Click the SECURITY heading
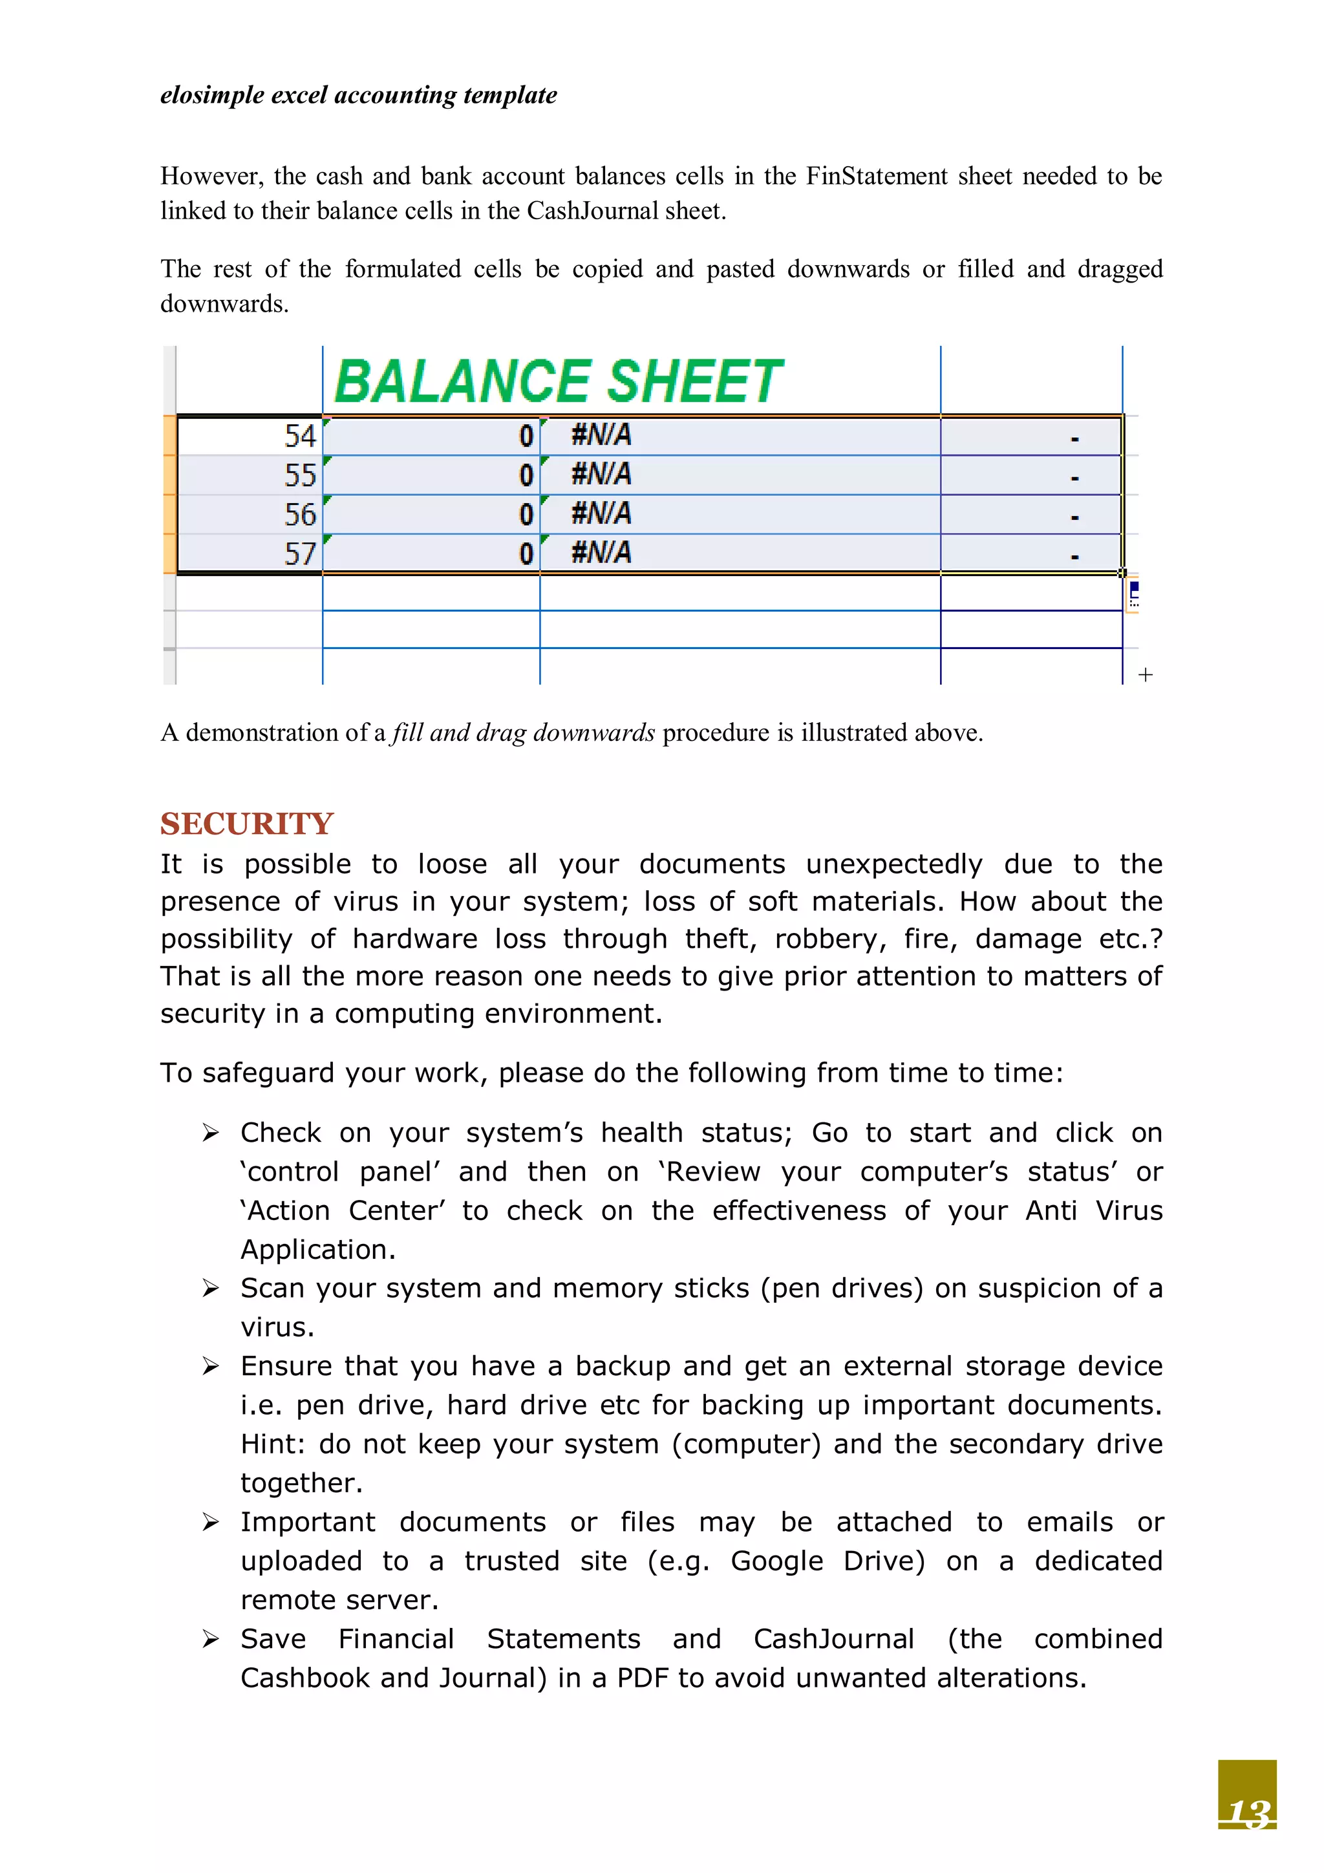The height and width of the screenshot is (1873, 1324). [x=246, y=823]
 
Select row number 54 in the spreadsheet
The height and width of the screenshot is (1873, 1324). [x=299, y=436]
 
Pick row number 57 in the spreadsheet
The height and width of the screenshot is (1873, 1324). [x=299, y=554]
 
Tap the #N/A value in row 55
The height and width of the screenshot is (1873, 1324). [x=601, y=474]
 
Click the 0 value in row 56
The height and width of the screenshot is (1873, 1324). [x=526, y=514]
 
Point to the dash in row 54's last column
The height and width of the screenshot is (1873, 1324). [x=1074, y=439]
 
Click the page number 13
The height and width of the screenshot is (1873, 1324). [x=1248, y=1813]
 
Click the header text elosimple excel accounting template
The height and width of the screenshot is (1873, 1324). [x=358, y=96]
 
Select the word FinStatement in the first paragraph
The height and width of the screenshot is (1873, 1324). [x=877, y=177]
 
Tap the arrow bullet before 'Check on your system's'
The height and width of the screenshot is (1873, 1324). [x=211, y=1133]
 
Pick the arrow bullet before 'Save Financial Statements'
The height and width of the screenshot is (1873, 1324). [x=211, y=1639]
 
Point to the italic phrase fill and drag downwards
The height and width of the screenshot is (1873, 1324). [x=523, y=733]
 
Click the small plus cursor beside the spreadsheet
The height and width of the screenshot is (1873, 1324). [x=1146, y=674]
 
